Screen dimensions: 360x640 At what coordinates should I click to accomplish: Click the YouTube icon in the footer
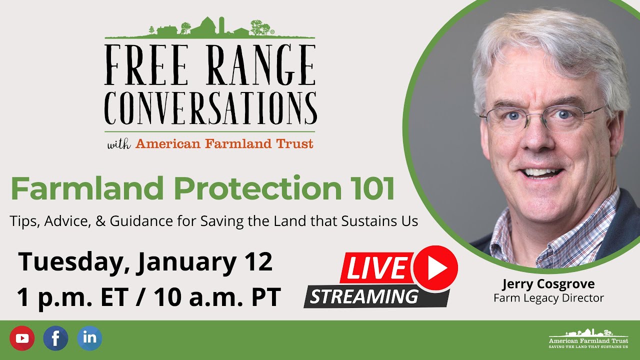coord(22,338)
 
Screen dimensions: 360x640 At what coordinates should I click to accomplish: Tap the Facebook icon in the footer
coord(55,338)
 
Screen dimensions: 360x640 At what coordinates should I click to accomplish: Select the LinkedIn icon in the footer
coord(89,338)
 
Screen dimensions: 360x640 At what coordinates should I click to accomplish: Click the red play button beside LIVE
coord(435,268)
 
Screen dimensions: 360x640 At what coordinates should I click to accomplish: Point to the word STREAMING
coord(363,297)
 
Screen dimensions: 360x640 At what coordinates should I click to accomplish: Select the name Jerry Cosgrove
coord(548,284)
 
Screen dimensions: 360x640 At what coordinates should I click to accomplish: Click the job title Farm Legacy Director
coord(548,298)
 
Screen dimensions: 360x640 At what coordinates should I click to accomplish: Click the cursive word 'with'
coord(119,144)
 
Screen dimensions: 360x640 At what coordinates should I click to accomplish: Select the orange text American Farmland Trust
coord(224,144)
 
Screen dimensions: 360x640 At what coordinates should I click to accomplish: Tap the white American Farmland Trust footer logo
coord(588,338)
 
